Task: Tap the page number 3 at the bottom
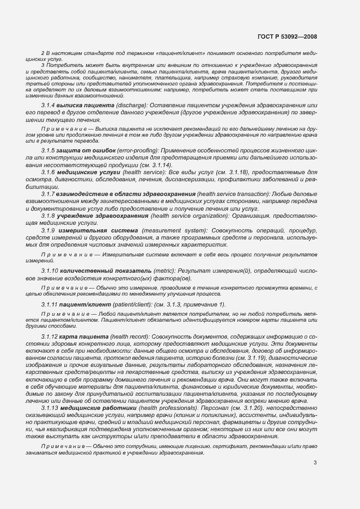pyautogui.click(x=315, y=463)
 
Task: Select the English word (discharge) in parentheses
pyautogui.click(x=123, y=105)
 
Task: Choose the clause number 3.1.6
pyautogui.click(x=48, y=172)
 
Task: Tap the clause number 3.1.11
pyautogui.click(x=50, y=304)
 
